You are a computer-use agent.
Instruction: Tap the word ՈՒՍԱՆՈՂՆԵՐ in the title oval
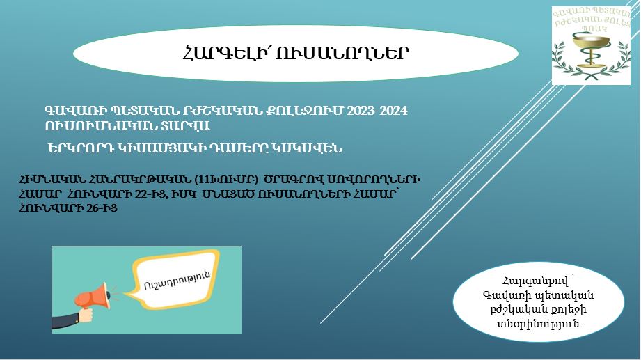[x=342, y=53]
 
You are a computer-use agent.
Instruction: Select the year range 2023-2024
[x=377, y=111]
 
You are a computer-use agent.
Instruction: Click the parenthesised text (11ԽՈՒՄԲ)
[x=226, y=180]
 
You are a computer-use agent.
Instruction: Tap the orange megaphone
[x=93, y=295]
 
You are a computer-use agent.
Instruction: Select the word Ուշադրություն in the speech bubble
[x=177, y=280]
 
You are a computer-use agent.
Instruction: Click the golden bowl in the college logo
[x=591, y=42]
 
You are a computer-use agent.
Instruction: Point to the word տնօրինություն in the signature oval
[x=539, y=324]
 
